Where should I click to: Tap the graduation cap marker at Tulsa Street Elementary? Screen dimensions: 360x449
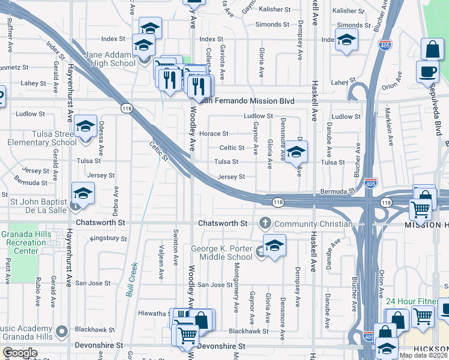[x=86, y=127]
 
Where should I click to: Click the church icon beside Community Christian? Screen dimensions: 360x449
[x=265, y=223]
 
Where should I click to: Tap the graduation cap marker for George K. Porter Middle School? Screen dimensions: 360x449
[x=274, y=245]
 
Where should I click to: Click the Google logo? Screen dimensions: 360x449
[x=20, y=353]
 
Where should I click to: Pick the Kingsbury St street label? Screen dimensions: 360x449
[x=108, y=238]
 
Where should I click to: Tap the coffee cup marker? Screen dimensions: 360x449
[x=427, y=71]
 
